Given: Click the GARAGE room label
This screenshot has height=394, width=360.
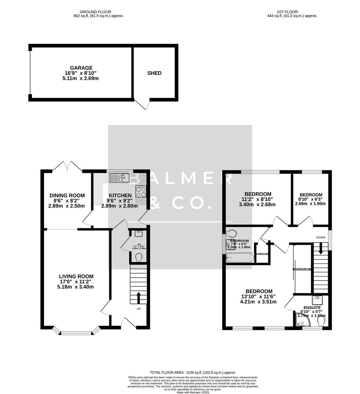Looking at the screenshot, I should pos(81,68).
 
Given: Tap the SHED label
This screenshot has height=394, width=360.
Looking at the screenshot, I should pos(154,73).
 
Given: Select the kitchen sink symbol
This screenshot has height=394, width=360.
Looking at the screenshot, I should pos(120,178).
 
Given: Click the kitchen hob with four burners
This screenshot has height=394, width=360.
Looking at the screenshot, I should pos(141,192).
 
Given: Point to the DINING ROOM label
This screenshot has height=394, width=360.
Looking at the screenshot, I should pos(67,196).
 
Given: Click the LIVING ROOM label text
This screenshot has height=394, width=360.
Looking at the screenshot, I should pos(77,277).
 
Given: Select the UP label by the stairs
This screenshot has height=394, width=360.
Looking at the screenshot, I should pos(138,309).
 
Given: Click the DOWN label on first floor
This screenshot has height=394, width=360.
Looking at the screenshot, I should pos(321,237).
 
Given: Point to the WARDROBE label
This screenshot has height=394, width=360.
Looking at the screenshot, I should pos(302,270).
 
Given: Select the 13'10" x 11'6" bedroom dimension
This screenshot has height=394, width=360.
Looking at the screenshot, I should pos(259,297).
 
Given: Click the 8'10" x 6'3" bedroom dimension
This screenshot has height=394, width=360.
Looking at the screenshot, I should pos(310,199).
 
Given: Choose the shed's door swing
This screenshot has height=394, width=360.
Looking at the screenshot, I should pos(143,105).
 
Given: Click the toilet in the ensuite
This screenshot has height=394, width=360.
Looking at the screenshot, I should pos(321,321).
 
